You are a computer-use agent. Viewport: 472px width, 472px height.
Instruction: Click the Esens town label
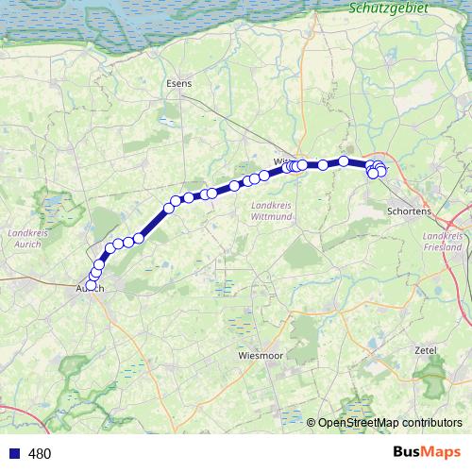click(178, 83)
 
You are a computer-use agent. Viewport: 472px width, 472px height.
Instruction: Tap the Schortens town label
click(409, 211)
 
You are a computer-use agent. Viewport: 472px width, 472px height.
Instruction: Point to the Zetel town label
click(426, 349)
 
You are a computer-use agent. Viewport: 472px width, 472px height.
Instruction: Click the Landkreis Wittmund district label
click(275, 211)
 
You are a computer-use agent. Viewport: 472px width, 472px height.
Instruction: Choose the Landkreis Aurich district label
click(25, 238)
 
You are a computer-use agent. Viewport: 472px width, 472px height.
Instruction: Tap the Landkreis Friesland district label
click(443, 241)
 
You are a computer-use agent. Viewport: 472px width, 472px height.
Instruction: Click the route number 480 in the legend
click(40, 454)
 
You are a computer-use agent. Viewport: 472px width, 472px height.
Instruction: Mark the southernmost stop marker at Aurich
click(92, 285)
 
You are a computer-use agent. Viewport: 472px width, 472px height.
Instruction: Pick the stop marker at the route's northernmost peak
click(345, 160)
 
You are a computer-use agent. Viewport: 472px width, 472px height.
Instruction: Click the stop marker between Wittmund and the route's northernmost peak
click(323, 165)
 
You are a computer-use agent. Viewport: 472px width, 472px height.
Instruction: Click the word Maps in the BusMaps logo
click(441, 452)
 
